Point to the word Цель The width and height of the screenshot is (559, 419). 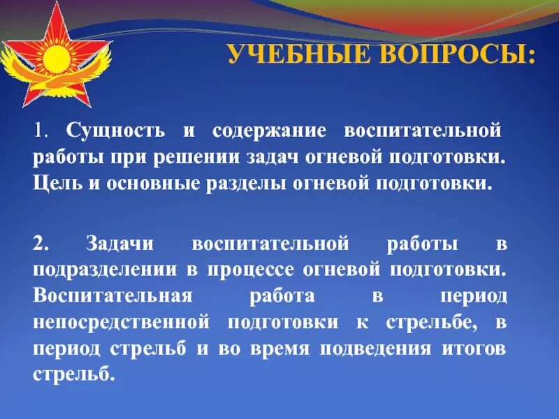coord(54,184)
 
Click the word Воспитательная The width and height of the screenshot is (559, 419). coord(112,296)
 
